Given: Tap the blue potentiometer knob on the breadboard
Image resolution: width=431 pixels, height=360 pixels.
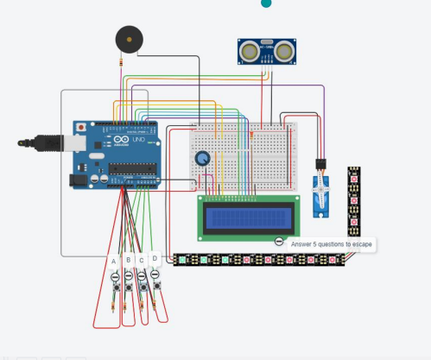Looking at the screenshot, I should point(203,159).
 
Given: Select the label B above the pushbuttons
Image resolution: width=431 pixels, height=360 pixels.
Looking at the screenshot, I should point(128,259).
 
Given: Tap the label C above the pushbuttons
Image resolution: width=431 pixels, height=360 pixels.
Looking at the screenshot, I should point(142,259).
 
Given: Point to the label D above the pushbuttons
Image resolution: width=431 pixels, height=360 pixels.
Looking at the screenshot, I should point(155,257).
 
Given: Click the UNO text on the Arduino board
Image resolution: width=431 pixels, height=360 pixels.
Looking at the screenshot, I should point(138,140).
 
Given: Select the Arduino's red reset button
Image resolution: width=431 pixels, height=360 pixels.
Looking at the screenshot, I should point(80,126).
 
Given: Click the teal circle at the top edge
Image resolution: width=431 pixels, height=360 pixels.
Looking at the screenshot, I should point(266,3).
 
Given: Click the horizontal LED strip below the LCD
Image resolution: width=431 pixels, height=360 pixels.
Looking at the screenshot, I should point(259,259).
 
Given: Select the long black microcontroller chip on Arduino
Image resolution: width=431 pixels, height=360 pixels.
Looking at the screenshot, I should point(134,168).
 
